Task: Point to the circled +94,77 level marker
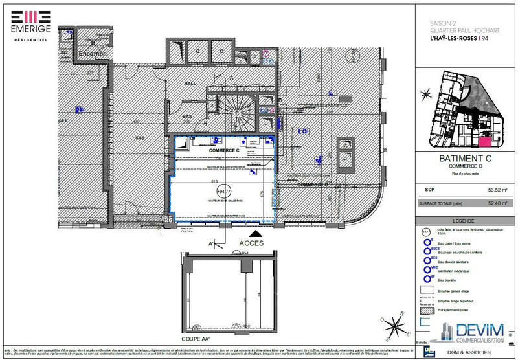(223, 191)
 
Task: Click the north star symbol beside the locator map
(425, 94)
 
